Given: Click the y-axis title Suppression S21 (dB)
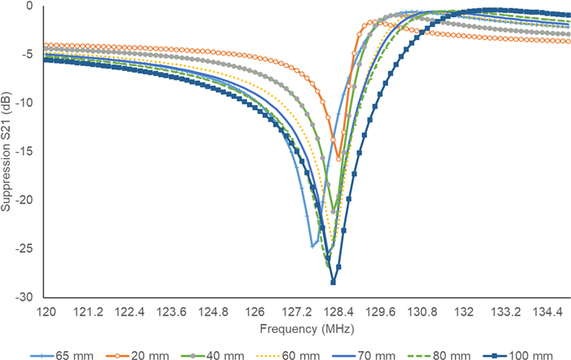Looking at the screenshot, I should point(7,152).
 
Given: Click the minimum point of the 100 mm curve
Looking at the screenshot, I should point(333,282).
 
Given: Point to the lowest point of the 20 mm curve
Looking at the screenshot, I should point(338,158).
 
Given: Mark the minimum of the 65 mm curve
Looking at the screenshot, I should point(312,245).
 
